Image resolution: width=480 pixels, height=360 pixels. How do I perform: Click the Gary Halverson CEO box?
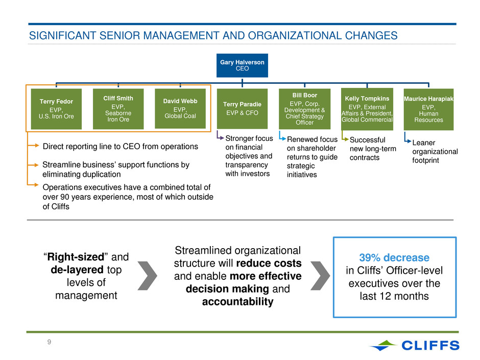pyautogui.click(x=242, y=65)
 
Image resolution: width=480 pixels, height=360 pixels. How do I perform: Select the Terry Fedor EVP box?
pyautogui.click(x=56, y=109)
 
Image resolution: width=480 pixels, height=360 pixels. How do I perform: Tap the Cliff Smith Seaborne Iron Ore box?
pyautogui.click(x=118, y=109)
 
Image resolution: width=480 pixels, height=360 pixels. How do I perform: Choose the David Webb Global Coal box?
pyautogui.click(x=180, y=109)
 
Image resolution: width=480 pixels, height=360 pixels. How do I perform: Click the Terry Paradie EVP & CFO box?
pyautogui.click(x=242, y=109)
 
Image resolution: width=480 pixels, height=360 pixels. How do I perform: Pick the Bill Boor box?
pyautogui.click(x=304, y=109)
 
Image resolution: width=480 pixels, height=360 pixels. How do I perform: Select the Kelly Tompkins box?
pyautogui.click(x=367, y=109)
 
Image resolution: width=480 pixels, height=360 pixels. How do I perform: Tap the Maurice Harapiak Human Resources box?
pyautogui.click(x=428, y=109)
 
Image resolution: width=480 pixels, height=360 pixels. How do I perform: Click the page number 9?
pyautogui.click(x=50, y=342)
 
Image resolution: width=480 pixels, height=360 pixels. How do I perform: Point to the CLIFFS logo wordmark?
pyautogui.click(x=430, y=345)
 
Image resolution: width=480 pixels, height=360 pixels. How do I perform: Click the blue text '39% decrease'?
pyautogui.click(x=394, y=257)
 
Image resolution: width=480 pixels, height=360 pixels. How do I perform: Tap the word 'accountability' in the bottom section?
pyautogui.click(x=238, y=301)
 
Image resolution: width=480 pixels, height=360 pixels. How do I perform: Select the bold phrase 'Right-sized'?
pyautogui.click(x=76, y=257)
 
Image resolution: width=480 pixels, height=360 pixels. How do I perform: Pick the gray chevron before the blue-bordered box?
pyautogui.click(x=320, y=276)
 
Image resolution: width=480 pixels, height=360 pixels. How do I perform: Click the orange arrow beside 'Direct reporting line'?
pyautogui.click(x=33, y=146)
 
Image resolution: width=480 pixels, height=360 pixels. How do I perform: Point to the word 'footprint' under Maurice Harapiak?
pyautogui.click(x=425, y=160)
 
